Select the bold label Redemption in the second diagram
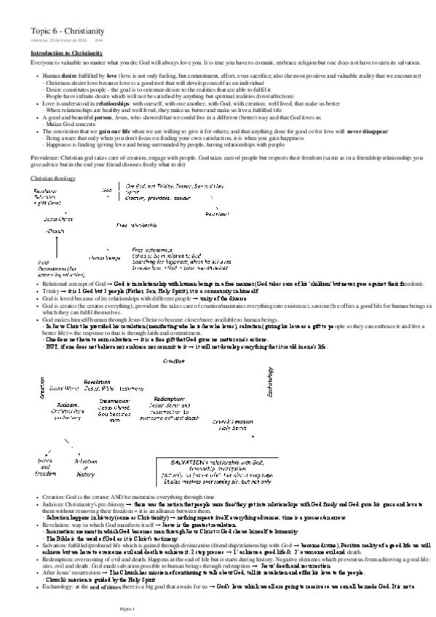coord(169,399)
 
